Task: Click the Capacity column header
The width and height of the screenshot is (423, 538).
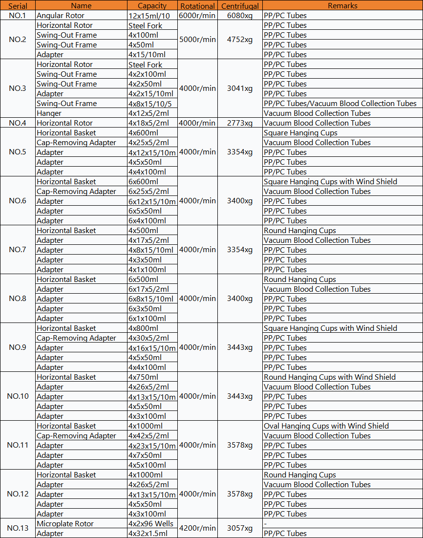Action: [x=152, y=6]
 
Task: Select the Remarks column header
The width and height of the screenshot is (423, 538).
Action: [x=342, y=6]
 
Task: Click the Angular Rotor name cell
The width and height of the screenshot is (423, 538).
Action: [x=61, y=16]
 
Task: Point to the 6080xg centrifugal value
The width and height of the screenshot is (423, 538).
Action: [x=240, y=16]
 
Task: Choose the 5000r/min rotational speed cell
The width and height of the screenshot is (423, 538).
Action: [x=197, y=40]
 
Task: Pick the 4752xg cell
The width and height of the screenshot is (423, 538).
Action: [x=240, y=40]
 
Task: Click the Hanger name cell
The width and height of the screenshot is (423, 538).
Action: [x=49, y=113]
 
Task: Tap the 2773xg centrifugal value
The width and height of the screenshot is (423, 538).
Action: [x=240, y=123]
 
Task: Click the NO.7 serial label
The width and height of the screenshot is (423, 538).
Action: [x=18, y=250]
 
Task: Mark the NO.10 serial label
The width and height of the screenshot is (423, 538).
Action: [x=18, y=396]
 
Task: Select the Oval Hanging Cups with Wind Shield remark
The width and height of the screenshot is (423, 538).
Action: [x=326, y=426]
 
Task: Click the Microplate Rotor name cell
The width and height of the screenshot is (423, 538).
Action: [x=65, y=523]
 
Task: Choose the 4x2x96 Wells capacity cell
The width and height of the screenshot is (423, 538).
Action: [x=151, y=523]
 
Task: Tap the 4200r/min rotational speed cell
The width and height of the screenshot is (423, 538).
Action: [x=197, y=528]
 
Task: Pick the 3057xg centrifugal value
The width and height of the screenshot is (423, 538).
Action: [x=240, y=528]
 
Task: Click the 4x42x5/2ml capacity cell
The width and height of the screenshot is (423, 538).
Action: [x=148, y=435]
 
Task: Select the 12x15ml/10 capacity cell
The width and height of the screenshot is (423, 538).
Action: [x=149, y=16]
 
